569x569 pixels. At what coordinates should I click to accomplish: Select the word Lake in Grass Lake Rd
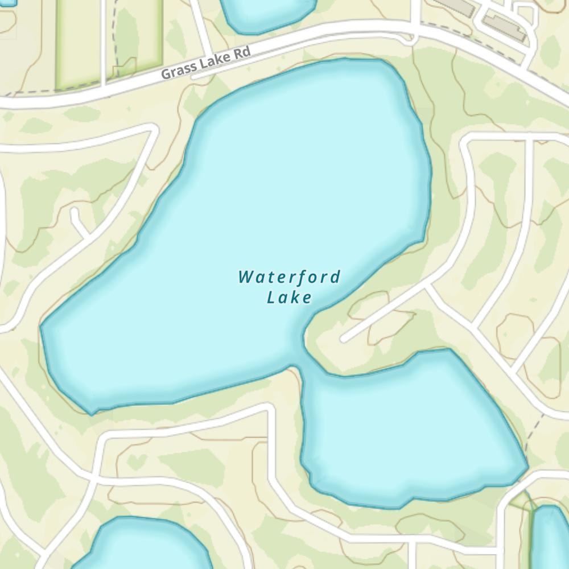(214, 61)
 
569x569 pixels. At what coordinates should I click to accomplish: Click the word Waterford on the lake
(289, 278)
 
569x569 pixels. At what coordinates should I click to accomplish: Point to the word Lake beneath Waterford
(289, 297)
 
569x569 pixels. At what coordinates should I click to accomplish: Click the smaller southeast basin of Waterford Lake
(410, 427)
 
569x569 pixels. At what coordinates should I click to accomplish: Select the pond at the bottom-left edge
(142, 546)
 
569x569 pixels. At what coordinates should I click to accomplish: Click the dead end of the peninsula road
(345, 338)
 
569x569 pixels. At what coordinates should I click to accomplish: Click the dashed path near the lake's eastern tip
(535, 432)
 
